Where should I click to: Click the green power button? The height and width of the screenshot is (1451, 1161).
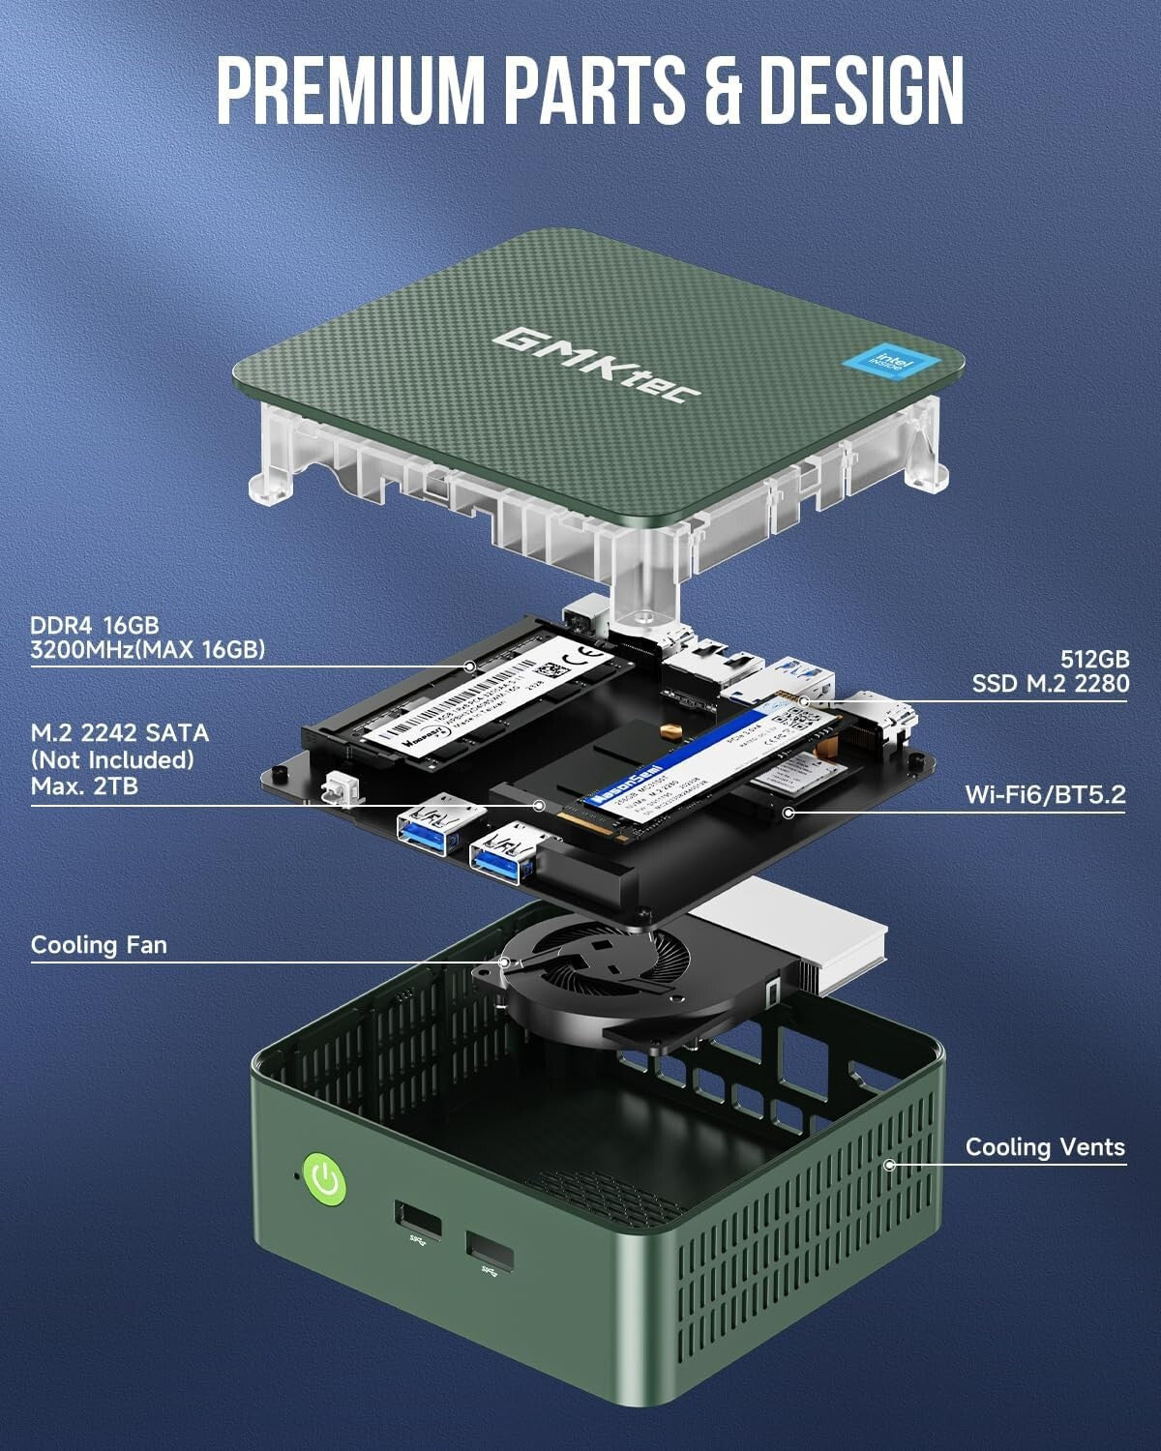click(x=326, y=1180)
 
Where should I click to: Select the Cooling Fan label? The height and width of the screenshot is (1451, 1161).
click(x=99, y=944)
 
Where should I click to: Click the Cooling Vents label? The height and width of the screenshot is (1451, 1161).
click(x=1045, y=1147)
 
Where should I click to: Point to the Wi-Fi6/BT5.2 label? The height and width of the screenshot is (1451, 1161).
click(x=1045, y=795)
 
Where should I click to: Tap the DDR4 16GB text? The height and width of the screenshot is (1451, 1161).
click(x=94, y=625)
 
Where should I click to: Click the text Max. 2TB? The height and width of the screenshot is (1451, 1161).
click(x=84, y=785)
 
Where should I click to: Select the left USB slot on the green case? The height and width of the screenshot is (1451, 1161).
click(x=418, y=1221)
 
